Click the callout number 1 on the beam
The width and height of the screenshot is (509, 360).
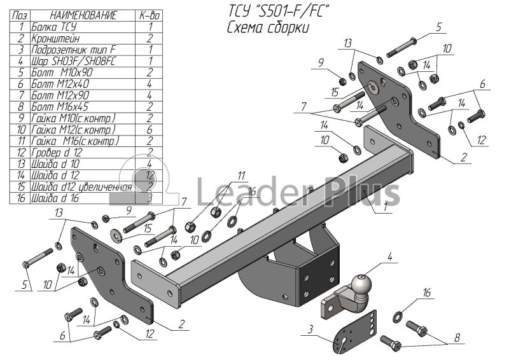tap(386, 206)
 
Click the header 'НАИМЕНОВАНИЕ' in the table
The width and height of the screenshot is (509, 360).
tap(74, 15)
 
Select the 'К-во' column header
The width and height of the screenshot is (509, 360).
tap(150, 15)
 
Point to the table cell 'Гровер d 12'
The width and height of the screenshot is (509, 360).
tap(60, 152)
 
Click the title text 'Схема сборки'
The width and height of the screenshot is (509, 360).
tap(268, 28)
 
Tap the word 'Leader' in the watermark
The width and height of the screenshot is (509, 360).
tap(235, 191)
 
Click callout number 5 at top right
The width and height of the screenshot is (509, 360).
tap(438, 27)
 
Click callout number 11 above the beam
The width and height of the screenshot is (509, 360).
tap(241, 176)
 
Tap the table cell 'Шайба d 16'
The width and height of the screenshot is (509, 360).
tap(60, 198)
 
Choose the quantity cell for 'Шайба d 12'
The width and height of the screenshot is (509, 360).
tap(150, 175)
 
